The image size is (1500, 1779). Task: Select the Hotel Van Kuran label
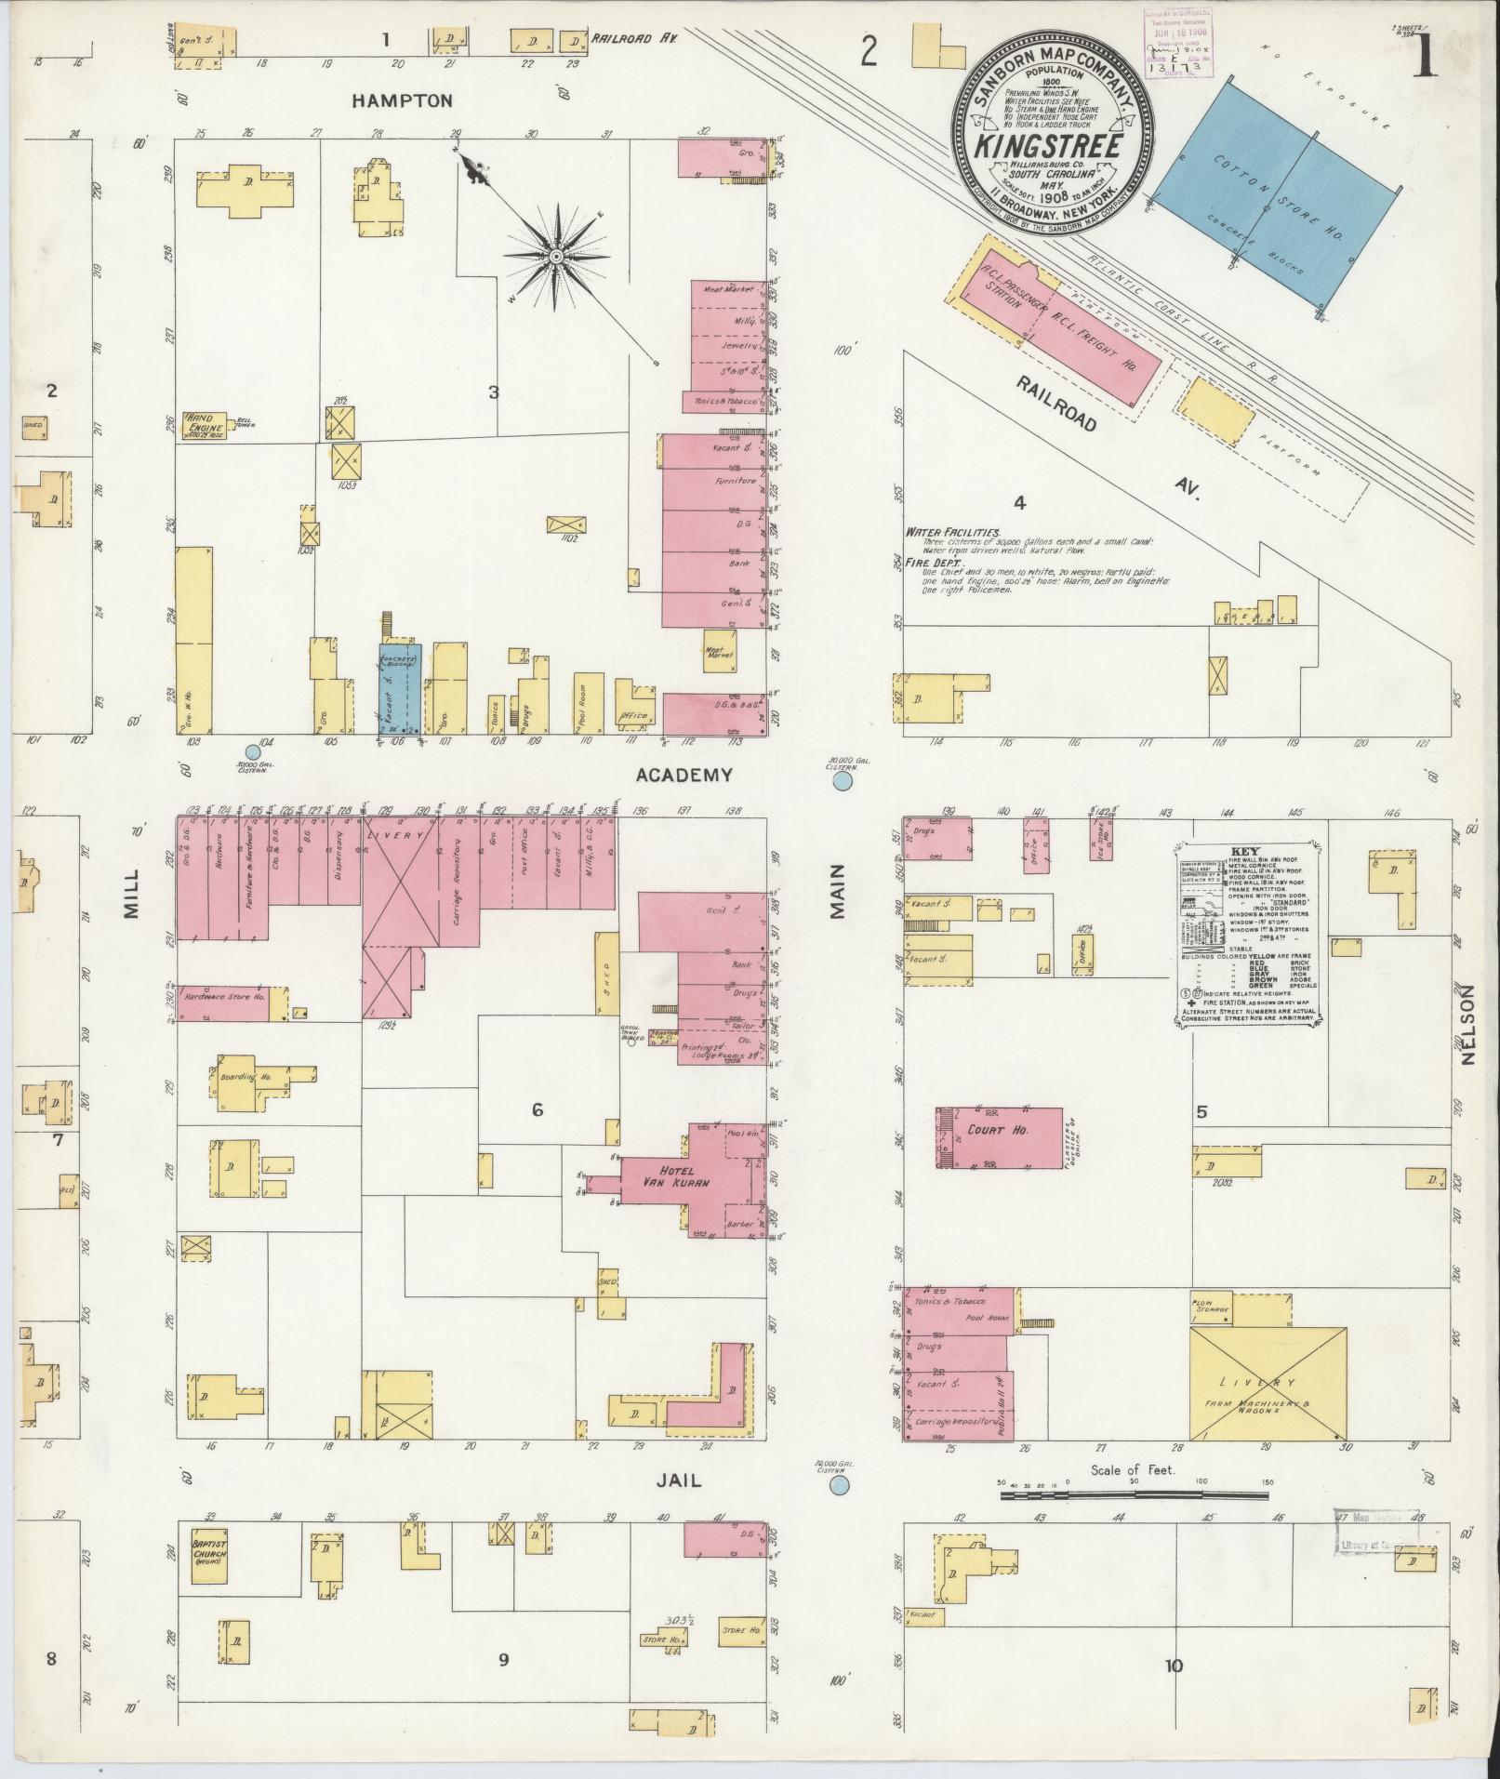point(671,1175)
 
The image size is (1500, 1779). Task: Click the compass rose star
point(555,255)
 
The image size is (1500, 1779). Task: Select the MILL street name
point(130,894)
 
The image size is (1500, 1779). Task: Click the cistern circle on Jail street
point(839,1486)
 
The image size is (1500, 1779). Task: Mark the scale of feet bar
point(1135,1495)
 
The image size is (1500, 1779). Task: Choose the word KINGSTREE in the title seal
point(1044,148)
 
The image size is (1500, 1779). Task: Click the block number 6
point(537,1109)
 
